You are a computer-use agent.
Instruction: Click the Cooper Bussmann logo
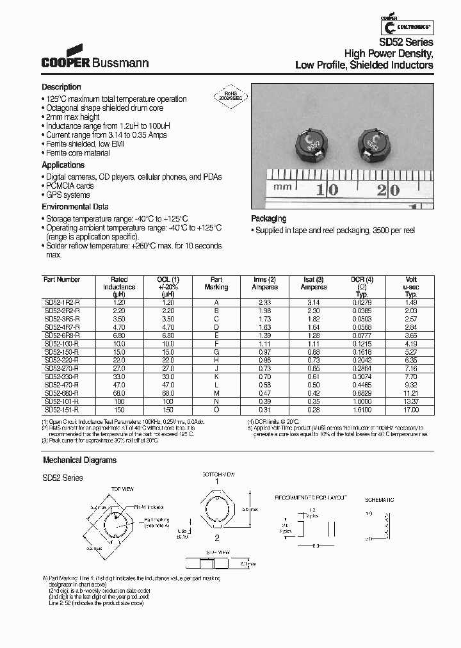95,57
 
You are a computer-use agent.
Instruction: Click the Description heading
61,87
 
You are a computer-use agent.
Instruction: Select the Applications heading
63,165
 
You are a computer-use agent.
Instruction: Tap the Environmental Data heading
75,207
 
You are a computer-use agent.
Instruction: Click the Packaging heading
268,219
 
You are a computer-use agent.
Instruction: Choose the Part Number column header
61,280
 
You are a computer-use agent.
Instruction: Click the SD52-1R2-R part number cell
62,301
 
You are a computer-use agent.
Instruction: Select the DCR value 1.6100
362,409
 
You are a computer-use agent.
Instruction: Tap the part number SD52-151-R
62,409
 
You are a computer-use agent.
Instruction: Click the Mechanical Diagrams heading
79,460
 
